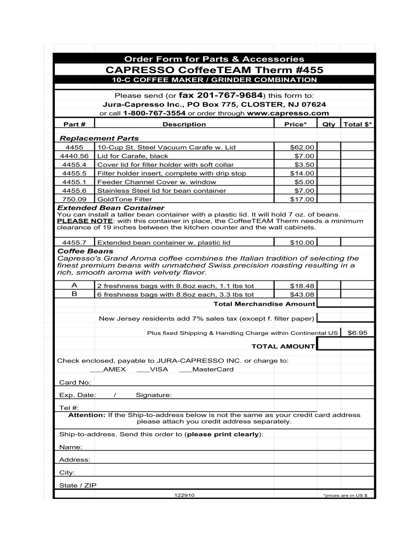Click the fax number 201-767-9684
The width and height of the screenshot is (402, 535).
click(221, 96)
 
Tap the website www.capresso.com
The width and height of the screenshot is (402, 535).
click(288, 113)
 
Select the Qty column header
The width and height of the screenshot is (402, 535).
click(329, 124)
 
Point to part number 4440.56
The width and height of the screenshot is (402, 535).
click(74, 156)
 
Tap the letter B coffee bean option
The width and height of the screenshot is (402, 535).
click(74, 294)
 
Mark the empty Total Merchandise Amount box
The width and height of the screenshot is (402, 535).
click(345, 304)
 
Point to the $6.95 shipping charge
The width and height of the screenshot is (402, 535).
click(358, 332)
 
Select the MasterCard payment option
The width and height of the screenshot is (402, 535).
click(206, 369)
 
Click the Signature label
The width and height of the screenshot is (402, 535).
click(153, 394)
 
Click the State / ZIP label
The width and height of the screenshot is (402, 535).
click(78, 485)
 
